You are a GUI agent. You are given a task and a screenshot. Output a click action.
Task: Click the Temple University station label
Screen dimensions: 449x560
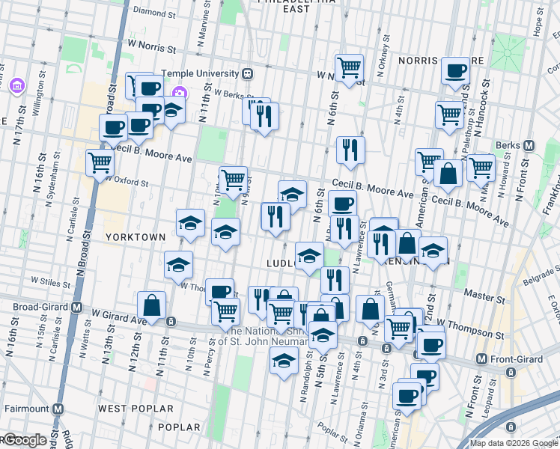(202, 73)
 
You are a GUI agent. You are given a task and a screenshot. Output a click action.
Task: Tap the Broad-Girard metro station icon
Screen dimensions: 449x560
(77, 308)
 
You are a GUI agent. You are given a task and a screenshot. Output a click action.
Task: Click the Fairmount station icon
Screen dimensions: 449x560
(57, 409)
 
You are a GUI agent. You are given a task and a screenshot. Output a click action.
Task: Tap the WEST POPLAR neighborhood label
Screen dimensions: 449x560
(136, 409)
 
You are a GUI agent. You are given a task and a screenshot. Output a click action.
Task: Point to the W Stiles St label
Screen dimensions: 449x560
(50, 281)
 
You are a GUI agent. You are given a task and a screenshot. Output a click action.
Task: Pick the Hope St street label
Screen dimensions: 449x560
(537, 23)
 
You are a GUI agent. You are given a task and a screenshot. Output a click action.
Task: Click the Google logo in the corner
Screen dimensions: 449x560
(24, 440)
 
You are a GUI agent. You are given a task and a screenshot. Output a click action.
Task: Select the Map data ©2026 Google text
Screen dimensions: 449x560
(513, 443)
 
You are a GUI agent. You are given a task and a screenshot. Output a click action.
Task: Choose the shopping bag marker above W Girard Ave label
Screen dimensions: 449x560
(152, 305)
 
